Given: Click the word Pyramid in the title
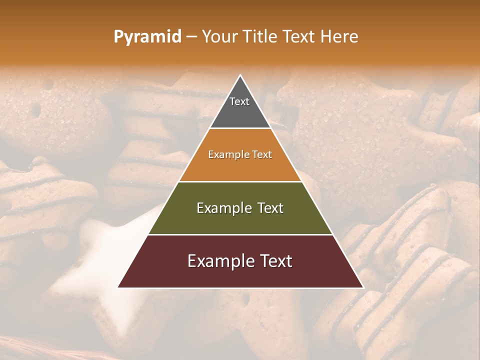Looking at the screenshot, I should pyautogui.click(x=147, y=37).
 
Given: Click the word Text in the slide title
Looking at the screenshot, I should pyautogui.click(x=299, y=37).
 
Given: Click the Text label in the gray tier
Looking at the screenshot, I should pyautogui.click(x=239, y=101).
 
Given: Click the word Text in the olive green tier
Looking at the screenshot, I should pyautogui.click(x=270, y=208).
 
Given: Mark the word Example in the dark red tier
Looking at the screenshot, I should pyautogui.click(x=220, y=261).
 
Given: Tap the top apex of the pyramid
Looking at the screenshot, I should pyautogui.click(x=240, y=75).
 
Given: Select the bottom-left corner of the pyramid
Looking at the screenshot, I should pyautogui.click(x=118, y=287).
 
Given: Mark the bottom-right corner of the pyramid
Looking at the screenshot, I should pyautogui.click(x=363, y=287).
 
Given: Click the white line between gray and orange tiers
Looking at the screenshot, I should pyautogui.click(x=240, y=128).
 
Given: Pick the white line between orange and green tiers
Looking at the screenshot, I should pyautogui.click(x=240, y=181).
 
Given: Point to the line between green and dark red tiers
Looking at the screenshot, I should pyautogui.click(x=240, y=234).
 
